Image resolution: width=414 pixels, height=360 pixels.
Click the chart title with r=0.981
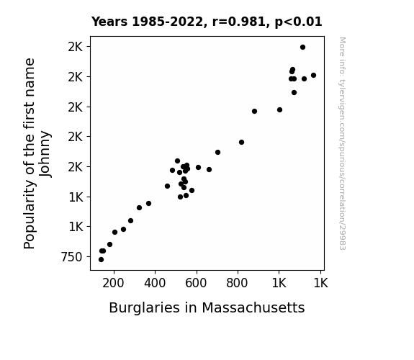(207, 22)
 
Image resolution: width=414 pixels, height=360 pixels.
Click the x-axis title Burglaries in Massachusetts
(207, 308)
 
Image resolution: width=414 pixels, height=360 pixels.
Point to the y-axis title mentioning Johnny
(37, 153)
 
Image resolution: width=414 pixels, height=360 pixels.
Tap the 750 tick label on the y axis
(72, 257)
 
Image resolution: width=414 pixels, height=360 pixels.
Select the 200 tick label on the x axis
(113, 284)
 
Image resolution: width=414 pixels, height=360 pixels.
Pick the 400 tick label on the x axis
(155, 284)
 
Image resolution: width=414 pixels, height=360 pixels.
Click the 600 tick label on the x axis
(196, 284)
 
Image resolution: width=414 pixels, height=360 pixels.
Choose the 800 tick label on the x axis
(237, 284)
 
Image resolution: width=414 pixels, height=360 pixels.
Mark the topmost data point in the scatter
(302, 48)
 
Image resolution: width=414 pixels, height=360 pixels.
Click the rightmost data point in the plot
(313, 76)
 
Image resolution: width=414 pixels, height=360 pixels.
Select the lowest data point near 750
(101, 260)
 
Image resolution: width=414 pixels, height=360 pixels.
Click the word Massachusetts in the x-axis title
(253, 308)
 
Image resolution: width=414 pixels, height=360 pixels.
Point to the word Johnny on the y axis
(45, 153)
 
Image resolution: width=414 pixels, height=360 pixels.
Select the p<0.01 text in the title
(298, 22)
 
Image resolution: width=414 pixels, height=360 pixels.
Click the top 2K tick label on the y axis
(76, 47)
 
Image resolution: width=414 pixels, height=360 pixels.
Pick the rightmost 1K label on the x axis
(320, 284)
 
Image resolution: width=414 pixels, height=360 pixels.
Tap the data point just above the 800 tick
(241, 142)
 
